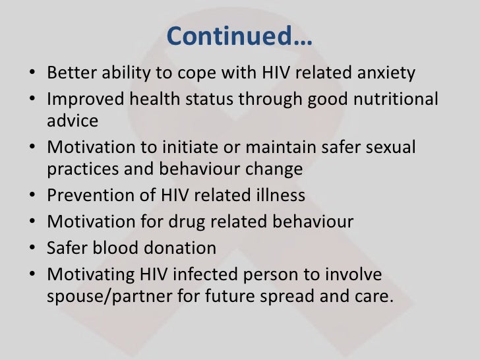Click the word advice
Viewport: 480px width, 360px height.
[x=73, y=121]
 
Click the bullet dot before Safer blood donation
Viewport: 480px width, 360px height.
[x=34, y=249]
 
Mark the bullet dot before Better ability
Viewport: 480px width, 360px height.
[x=34, y=73]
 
